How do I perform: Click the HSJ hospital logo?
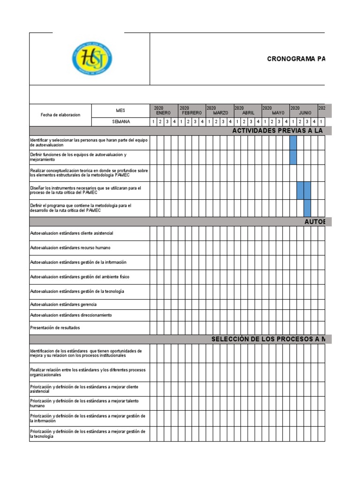pyautogui.click(x=91, y=59)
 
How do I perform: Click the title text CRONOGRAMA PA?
pyautogui.click(x=296, y=59)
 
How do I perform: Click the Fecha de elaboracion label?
pyautogui.click(x=60, y=115)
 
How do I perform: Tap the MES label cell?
pyautogui.click(x=120, y=110)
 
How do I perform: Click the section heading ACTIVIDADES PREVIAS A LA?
pyautogui.click(x=278, y=131)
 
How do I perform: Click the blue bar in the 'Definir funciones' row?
pyautogui.click(x=293, y=157)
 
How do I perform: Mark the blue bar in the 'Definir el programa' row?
pyautogui.click(x=307, y=208)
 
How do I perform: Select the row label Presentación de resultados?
pyautogui.click(x=55, y=328)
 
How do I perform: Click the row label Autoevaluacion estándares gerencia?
pyautogui.click(x=63, y=305)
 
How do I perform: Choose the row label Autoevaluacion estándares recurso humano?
pyautogui.click(x=70, y=247)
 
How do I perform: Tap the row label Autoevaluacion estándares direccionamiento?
pyautogui.click(x=71, y=315)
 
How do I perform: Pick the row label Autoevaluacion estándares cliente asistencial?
pyautogui.click(x=71, y=233)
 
